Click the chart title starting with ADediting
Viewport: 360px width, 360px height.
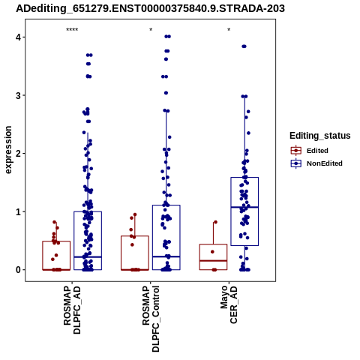150,9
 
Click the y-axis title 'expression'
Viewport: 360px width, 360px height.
8,150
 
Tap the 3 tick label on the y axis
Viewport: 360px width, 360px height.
19,95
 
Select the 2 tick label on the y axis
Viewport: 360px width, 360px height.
19,154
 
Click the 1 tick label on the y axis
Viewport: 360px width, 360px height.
19,211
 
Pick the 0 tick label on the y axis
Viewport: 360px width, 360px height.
19,270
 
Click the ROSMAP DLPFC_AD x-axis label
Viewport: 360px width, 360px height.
72,310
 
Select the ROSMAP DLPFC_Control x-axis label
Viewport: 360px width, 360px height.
151,319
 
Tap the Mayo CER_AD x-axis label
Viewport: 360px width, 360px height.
229,304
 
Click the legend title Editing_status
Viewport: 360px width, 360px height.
320,136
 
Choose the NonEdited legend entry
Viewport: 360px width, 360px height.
316,163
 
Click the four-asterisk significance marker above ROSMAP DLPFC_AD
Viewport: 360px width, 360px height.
72,30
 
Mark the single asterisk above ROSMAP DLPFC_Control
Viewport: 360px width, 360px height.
151,30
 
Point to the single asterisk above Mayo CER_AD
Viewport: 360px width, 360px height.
229,30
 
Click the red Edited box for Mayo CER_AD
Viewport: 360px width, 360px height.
213,244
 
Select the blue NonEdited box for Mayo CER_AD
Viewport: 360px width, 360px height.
244,178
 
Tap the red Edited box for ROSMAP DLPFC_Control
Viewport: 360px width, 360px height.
135,236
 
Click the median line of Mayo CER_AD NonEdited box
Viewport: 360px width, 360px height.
244,207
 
